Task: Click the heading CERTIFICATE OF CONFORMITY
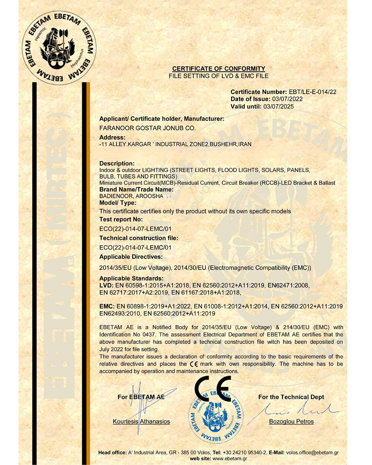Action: tap(218, 69)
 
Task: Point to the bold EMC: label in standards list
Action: tap(107, 305)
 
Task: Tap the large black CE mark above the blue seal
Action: tap(213, 390)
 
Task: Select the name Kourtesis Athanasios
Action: tap(141, 421)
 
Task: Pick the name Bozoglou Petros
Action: tap(291, 421)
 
